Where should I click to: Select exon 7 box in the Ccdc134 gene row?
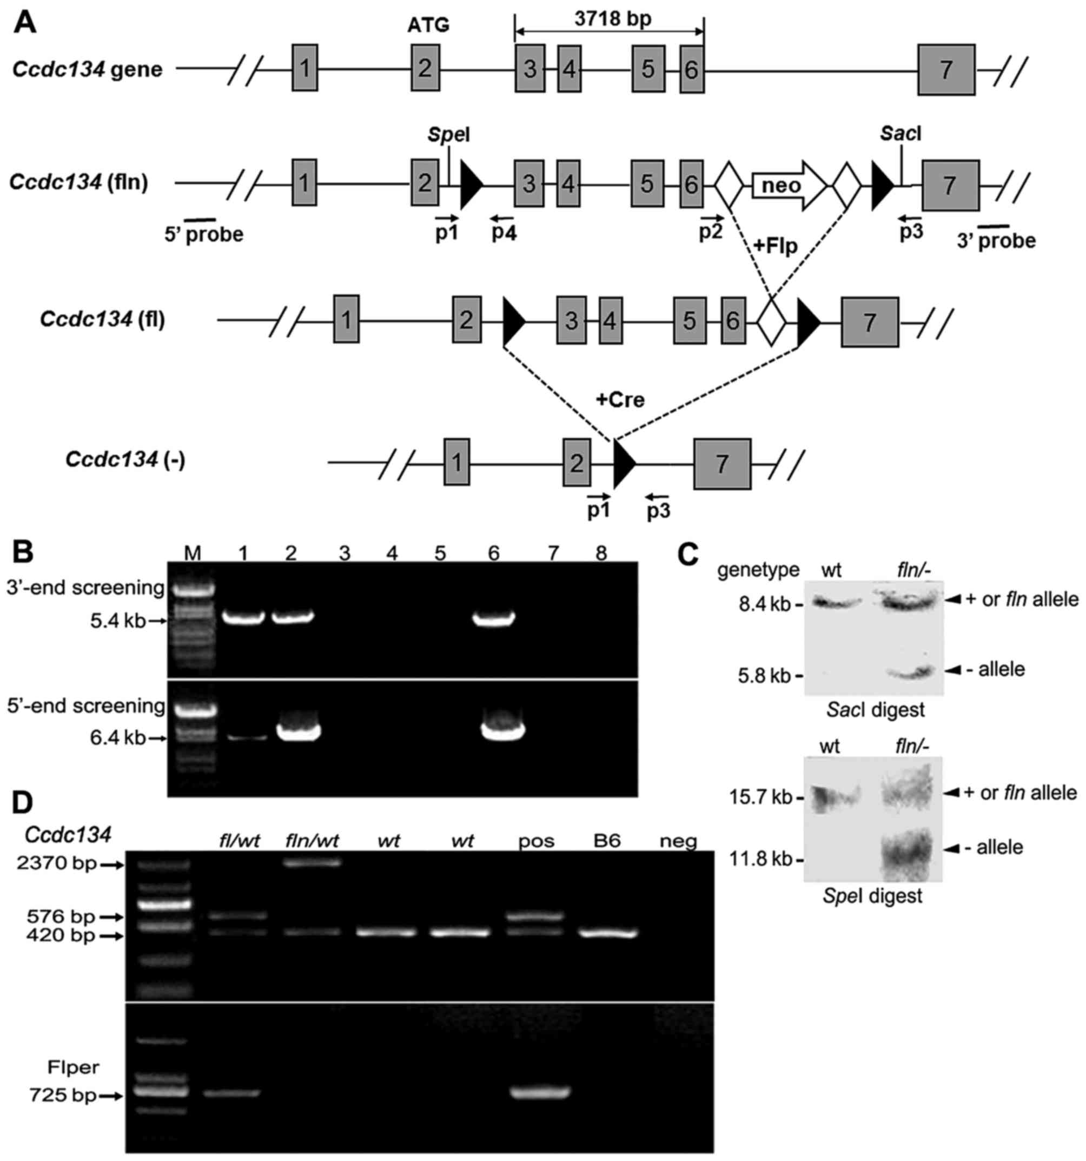(946, 69)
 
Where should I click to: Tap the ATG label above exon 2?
(428, 25)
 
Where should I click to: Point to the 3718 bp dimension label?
(612, 19)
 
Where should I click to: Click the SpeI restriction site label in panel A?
(448, 135)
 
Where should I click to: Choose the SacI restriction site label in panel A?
(901, 134)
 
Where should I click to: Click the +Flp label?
(775, 245)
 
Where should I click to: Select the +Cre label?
(620, 399)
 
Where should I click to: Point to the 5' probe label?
(204, 235)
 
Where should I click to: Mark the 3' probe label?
(996, 240)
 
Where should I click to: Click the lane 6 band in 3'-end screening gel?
(493, 618)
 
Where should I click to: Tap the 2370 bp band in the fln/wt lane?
(311, 862)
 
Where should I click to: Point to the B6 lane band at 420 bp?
(607, 933)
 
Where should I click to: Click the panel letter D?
(23, 803)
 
